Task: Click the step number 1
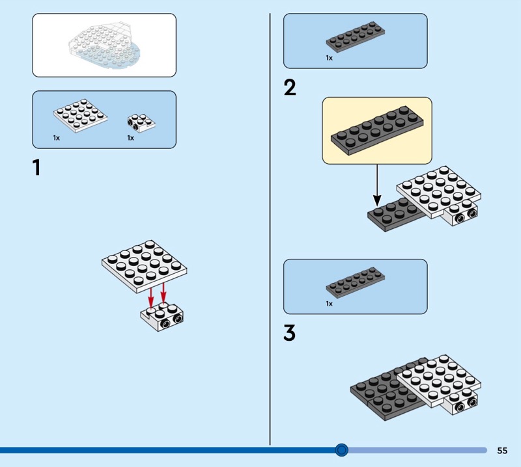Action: pos(36,168)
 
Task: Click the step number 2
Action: pos(290,87)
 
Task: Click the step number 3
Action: pos(290,333)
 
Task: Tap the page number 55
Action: pos(502,450)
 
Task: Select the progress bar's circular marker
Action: pos(341,449)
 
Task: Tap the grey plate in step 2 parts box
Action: pos(356,38)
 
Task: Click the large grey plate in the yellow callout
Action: pos(376,130)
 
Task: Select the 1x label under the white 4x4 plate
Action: pos(57,138)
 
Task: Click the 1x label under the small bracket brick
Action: pos(130,138)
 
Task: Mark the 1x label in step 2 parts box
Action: pos(329,58)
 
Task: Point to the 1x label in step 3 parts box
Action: pos(329,304)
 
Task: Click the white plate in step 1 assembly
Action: pos(145,261)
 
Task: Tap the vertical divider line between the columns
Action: pos(270,228)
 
